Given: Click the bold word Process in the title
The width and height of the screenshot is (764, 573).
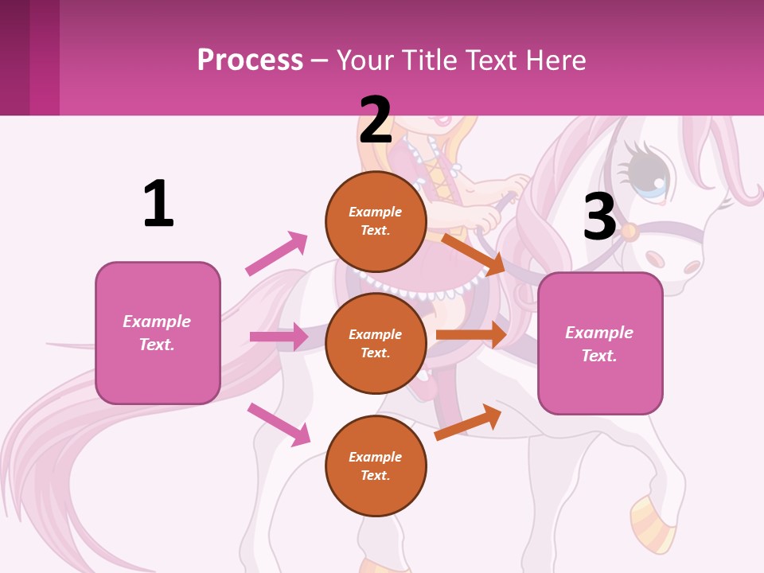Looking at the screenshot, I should coord(250,60).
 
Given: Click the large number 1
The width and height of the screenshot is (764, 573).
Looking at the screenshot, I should coord(158,204).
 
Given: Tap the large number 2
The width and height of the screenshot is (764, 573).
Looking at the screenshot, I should coord(376,120).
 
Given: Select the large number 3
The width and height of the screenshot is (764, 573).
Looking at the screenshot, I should coord(599,216).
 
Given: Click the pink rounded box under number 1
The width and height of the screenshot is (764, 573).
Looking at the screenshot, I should coord(158,333).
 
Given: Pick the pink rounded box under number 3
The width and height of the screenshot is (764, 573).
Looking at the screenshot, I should coord(600,344).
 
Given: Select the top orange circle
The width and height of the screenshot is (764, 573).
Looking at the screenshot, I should coord(376,221).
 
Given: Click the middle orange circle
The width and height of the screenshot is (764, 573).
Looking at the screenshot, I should coord(376,343).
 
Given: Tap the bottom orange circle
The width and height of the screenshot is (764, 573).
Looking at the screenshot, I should coord(376,466).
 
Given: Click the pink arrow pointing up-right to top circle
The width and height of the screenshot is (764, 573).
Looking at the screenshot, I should coord(276,253).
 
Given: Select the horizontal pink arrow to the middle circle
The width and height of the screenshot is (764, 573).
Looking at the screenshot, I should coord(279,337).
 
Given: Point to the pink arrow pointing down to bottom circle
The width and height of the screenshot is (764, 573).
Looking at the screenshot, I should coord(279,423).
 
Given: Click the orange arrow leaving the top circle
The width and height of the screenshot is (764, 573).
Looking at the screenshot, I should coord(473,254).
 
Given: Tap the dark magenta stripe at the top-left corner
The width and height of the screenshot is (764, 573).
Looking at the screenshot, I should coord(14,57).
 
